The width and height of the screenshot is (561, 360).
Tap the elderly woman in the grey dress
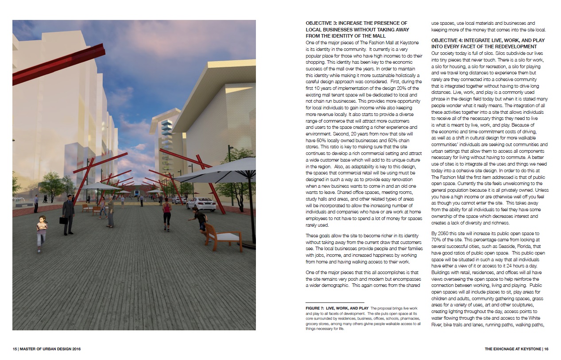[110, 211]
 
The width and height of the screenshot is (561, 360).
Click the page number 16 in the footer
[546, 349]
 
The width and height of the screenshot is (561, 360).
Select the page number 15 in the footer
[15, 349]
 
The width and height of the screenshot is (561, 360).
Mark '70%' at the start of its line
[437, 240]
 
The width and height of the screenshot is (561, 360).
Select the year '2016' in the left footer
[74, 349]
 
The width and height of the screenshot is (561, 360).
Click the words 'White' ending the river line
[534, 318]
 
